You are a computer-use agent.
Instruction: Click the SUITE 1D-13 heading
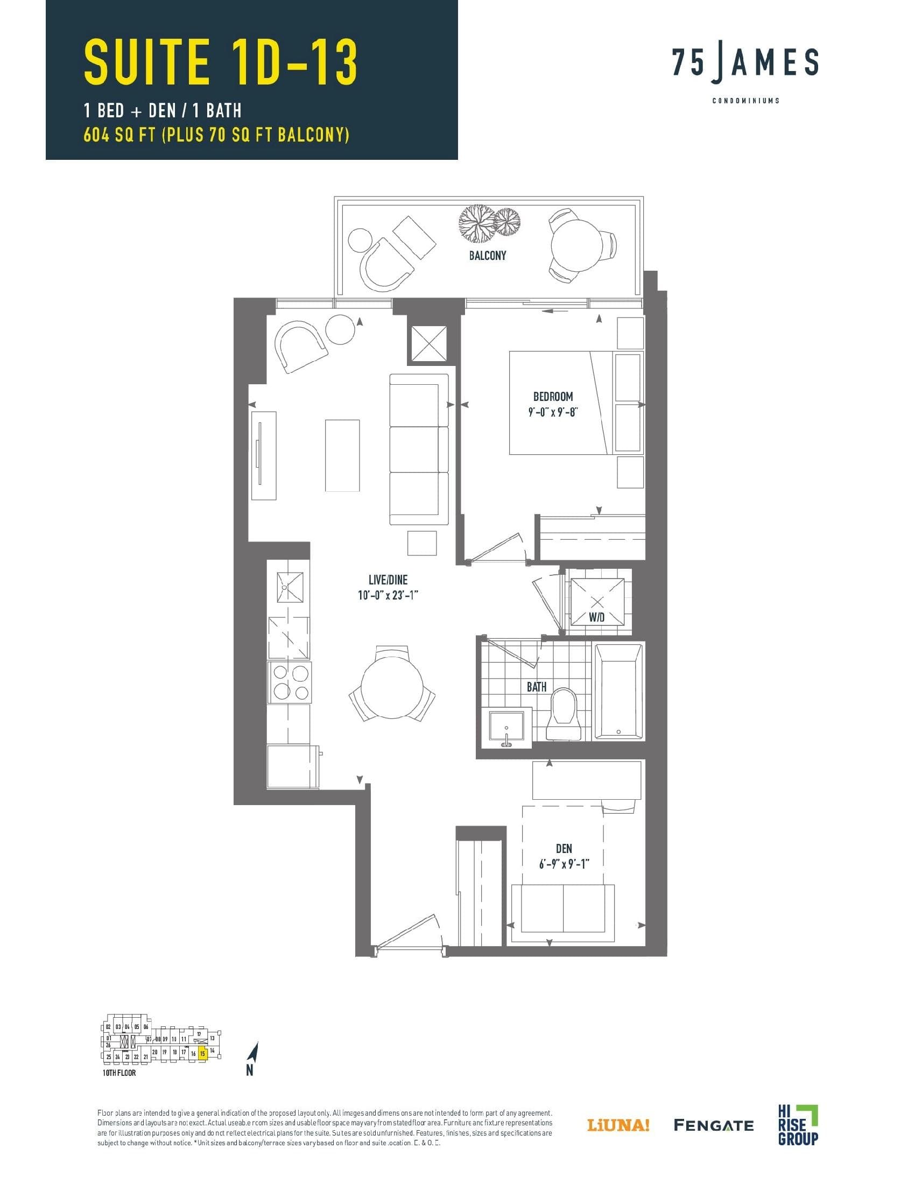click(x=221, y=63)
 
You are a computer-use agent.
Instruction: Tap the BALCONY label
click(x=487, y=255)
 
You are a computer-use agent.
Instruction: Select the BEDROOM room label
click(x=552, y=397)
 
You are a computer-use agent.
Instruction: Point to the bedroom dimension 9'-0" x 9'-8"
click(x=552, y=412)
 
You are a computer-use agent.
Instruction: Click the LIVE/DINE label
click(x=388, y=580)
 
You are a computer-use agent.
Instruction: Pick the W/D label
click(x=597, y=617)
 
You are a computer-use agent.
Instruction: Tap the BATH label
click(x=537, y=687)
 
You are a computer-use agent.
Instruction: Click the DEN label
click(x=564, y=848)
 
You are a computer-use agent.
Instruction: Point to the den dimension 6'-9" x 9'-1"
click(x=564, y=864)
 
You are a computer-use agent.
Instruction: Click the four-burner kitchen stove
click(x=290, y=682)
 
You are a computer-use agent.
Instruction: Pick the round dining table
click(x=391, y=685)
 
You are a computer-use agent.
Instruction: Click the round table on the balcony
click(x=576, y=244)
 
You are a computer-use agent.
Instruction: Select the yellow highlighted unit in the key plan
click(x=202, y=1054)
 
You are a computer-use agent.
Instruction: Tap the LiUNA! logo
click(x=618, y=1125)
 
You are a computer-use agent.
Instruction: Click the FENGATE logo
click(x=713, y=1125)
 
